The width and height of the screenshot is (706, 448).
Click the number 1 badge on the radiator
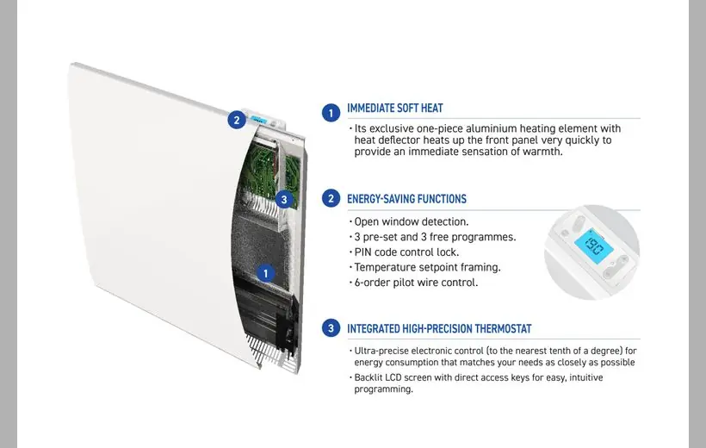(265, 273)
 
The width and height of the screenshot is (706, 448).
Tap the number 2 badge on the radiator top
(237, 120)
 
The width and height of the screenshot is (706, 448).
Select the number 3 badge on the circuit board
(283, 200)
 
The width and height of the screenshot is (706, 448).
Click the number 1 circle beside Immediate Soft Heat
(331, 113)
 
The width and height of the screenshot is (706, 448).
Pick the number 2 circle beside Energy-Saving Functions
(331, 198)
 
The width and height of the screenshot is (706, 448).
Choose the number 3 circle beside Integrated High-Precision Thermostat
(331, 328)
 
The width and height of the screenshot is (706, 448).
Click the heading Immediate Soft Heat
(395, 109)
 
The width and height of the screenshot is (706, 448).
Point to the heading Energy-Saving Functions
(406, 199)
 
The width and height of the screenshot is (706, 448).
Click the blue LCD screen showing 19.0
(594, 247)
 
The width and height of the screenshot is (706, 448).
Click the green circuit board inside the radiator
(268, 172)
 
